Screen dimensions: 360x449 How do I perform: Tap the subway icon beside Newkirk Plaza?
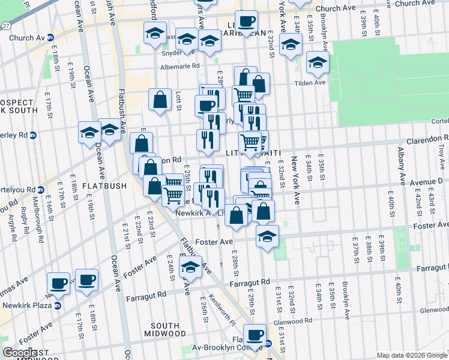click(x=58, y=305)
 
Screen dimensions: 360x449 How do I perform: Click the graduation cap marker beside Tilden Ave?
click(x=318, y=62)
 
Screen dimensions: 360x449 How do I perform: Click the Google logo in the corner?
click(x=20, y=353)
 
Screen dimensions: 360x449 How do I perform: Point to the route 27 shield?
click(x=5, y=26)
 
